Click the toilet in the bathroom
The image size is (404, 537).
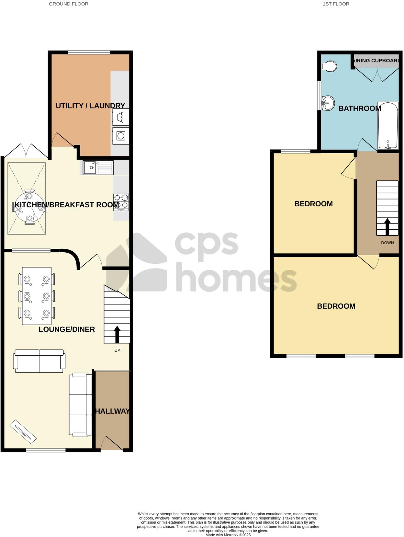(x=330, y=66)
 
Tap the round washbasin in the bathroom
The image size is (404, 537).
(x=328, y=103)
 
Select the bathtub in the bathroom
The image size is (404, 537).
(x=388, y=126)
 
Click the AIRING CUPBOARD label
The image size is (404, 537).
(x=376, y=61)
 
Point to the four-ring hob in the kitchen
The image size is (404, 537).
(x=121, y=202)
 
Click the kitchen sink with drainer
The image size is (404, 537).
(x=98, y=167)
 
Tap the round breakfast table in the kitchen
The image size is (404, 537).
(x=29, y=207)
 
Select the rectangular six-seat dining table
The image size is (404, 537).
(x=37, y=296)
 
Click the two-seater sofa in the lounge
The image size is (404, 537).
(x=39, y=361)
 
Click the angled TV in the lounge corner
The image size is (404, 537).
(x=23, y=432)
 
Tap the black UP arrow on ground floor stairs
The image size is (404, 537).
(x=117, y=334)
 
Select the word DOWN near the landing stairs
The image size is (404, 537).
(x=387, y=243)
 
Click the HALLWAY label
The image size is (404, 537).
(x=112, y=411)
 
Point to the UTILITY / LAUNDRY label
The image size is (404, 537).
(x=90, y=106)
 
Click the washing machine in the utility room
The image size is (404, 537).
(x=121, y=136)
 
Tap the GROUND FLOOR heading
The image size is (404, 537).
(x=68, y=4)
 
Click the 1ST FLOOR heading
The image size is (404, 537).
(x=336, y=4)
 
